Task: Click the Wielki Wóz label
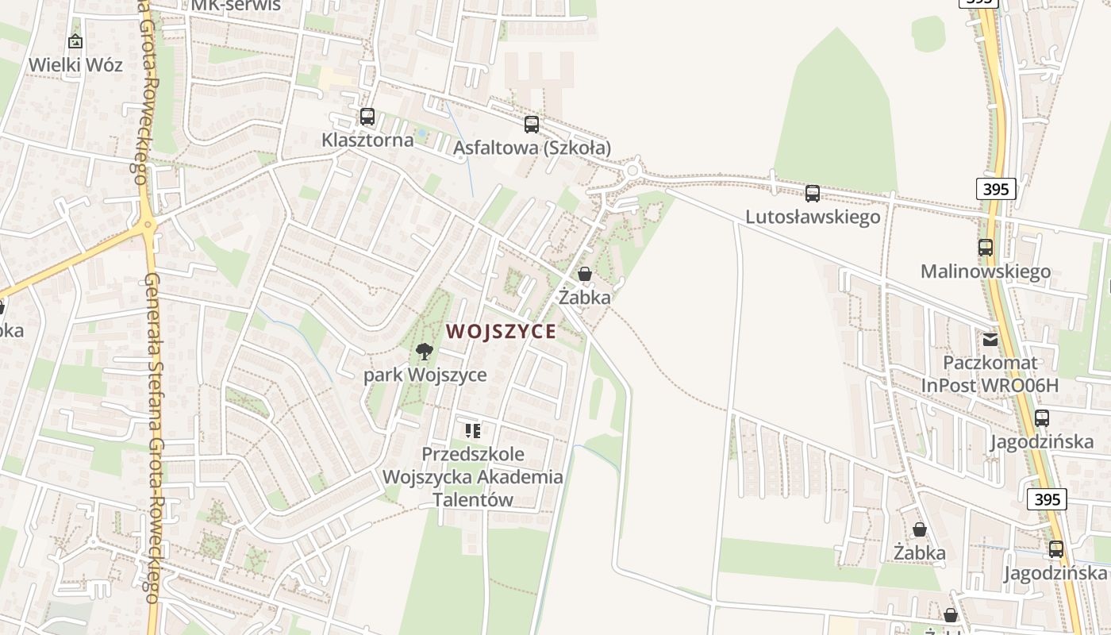(x=75, y=64)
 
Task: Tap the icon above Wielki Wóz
(x=75, y=41)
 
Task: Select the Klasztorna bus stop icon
(x=367, y=117)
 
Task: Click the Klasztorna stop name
(x=367, y=140)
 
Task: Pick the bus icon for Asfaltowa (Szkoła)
(x=532, y=124)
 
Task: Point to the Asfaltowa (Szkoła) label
(x=532, y=148)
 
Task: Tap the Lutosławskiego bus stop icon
(x=813, y=193)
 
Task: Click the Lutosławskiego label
(x=813, y=217)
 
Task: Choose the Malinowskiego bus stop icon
(x=986, y=248)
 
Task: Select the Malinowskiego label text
(x=986, y=271)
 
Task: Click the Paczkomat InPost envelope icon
(x=990, y=339)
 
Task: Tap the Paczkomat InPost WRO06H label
(x=990, y=374)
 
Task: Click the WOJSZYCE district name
(x=501, y=332)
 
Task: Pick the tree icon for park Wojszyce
(x=425, y=351)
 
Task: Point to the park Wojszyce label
(x=425, y=375)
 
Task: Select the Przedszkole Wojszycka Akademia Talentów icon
(x=473, y=431)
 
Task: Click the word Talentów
(x=473, y=500)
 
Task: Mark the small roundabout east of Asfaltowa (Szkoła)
(x=632, y=170)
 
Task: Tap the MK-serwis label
(x=236, y=5)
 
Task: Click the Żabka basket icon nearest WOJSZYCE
(x=585, y=274)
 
